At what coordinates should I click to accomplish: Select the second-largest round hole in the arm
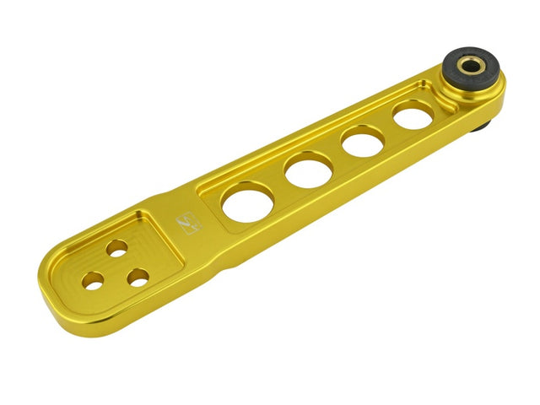pyautogui.click(x=309, y=170)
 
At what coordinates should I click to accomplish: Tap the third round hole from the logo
pyautogui.click(x=364, y=140)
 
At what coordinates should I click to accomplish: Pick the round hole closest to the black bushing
pyautogui.click(x=413, y=114)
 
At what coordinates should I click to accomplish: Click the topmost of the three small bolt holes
pyautogui.click(x=116, y=247)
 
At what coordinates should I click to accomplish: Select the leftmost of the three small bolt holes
pyautogui.click(x=94, y=281)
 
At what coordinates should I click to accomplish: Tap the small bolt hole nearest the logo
pyautogui.click(x=138, y=276)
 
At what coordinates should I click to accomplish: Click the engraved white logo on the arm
pyautogui.click(x=186, y=224)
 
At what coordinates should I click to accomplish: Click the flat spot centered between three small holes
pyautogui.click(x=116, y=268)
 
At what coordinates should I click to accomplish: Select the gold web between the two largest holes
pyautogui.click(x=279, y=187)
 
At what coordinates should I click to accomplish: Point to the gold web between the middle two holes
pyautogui.click(x=337, y=155)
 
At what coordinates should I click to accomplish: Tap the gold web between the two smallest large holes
pyautogui.click(x=389, y=127)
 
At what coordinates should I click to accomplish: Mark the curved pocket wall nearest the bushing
pyautogui.click(x=445, y=106)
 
